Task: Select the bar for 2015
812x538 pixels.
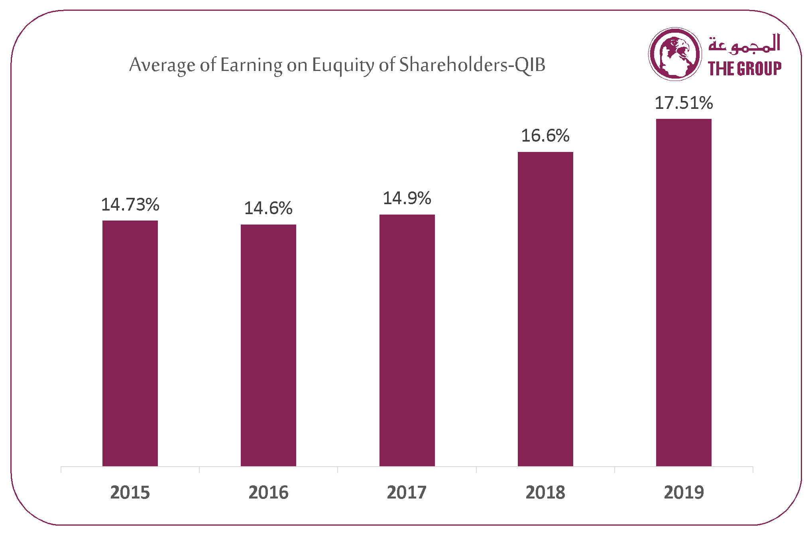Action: click(130, 343)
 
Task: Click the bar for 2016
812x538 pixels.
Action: click(268, 345)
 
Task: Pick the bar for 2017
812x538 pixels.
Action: click(407, 340)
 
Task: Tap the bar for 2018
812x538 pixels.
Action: click(545, 309)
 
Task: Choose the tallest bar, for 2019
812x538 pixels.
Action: click(684, 292)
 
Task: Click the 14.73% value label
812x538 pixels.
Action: click(130, 205)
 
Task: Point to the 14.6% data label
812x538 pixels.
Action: click(268, 208)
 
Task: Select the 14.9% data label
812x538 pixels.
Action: click(407, 198)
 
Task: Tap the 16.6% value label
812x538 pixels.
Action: click(545, 136)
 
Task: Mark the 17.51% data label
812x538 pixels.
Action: click(684, 103)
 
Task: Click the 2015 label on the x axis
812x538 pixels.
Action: click(130, 493)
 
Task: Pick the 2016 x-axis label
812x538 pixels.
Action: click(268, 493)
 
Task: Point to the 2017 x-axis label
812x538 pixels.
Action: click(407, 493)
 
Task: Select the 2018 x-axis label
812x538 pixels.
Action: click(545, 493)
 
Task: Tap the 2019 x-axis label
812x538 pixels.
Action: click(684, 493)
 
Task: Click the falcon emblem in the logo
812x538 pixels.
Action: click(675, 54)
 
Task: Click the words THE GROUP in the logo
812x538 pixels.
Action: click(745, 68)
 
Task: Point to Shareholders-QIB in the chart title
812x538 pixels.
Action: click(472, 65)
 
